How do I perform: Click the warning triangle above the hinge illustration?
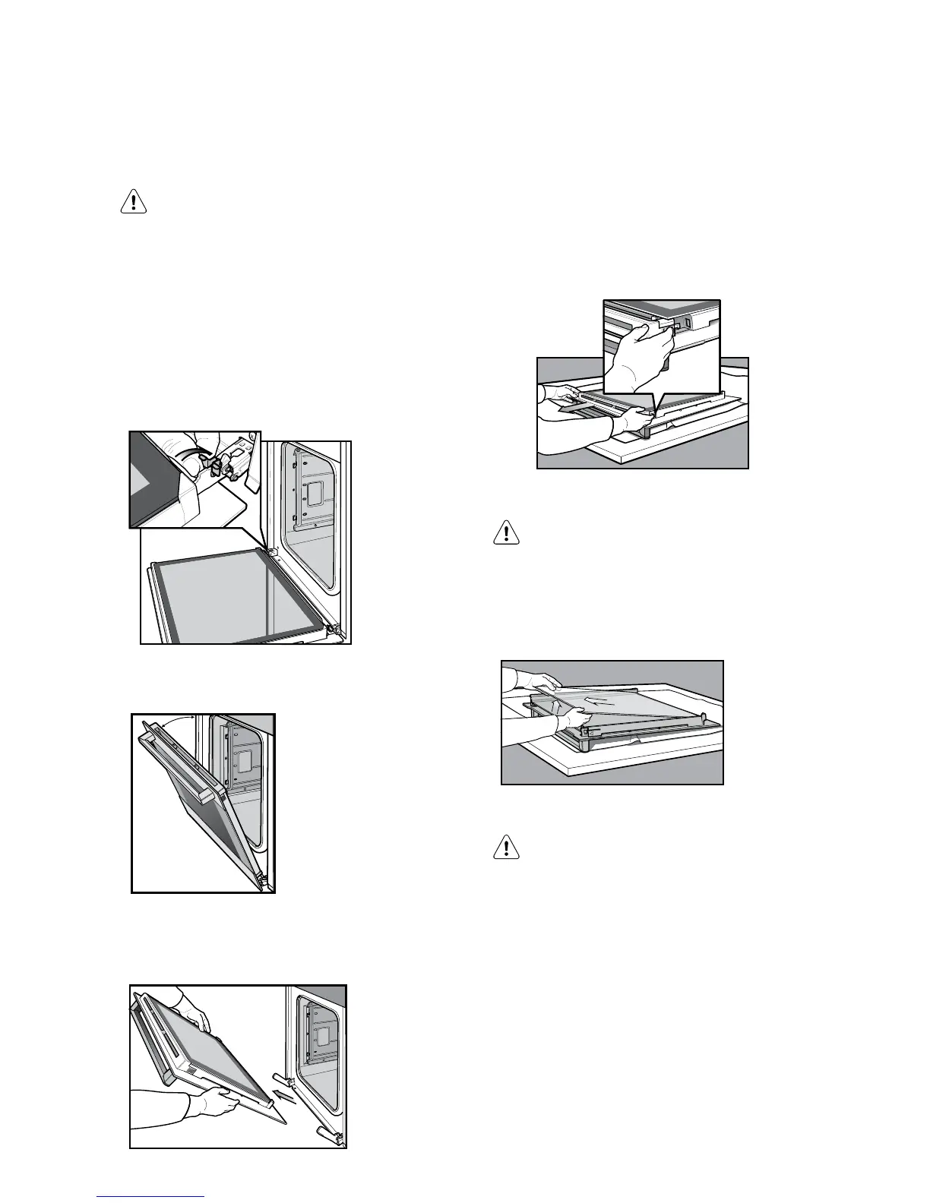click(134, 202)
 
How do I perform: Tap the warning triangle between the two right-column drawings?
click(505, 532)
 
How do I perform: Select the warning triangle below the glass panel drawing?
click(505, 846)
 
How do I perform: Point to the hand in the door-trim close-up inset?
click(642, 349)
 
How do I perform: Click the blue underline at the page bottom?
click(151, 1196)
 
